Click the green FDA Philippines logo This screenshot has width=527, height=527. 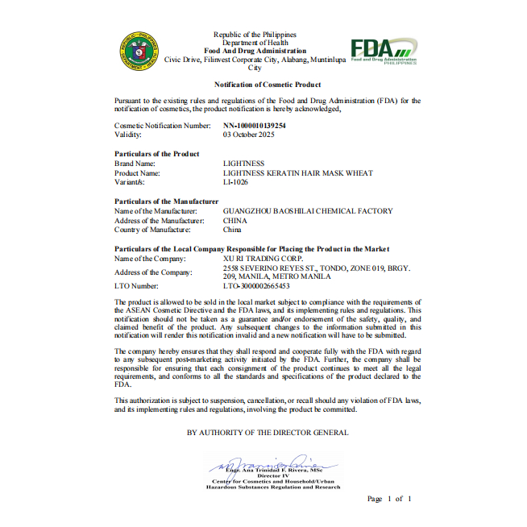click(384, 51)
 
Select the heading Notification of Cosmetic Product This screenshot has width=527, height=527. click(267, 85)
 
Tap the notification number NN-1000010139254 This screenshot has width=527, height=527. click(254, 127)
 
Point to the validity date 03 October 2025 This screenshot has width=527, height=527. click(251, 135)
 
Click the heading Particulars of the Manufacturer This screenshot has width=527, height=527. click(166, 201)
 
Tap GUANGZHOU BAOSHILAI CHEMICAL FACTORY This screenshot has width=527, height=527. click(307, 211)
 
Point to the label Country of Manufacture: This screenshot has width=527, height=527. click(152, 230)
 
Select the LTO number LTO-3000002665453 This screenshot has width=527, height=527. click(255, 286)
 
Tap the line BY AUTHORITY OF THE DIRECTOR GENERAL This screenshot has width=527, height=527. click(268, 433)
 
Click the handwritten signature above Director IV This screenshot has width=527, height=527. click(266, 463)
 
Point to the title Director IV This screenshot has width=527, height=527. click(272, 476)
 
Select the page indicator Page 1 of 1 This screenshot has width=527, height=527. click(389, 500)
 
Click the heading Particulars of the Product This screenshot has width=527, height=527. click(156, 154)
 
